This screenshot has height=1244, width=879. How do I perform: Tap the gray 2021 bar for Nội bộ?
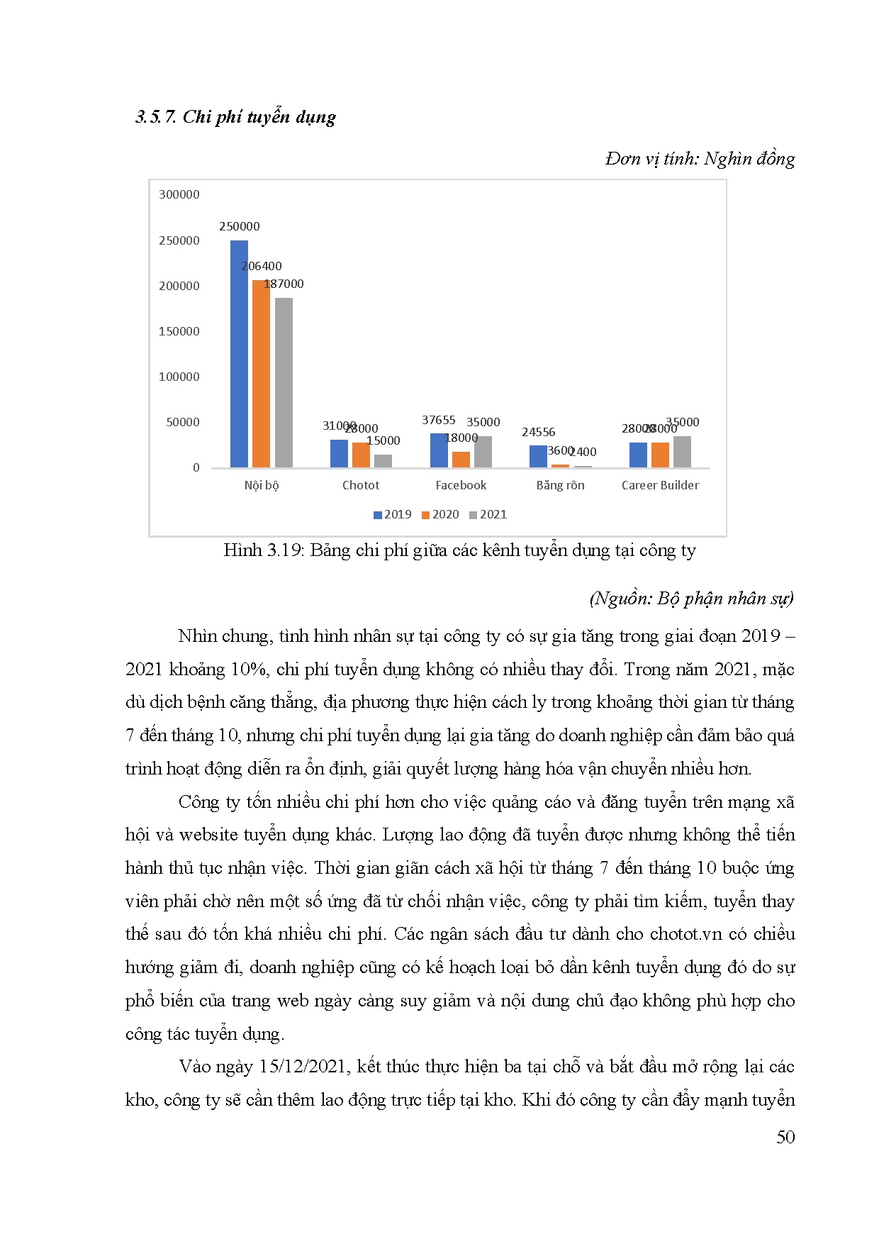[x=284, y=382]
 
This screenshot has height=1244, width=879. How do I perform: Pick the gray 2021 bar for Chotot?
[x=383, y=461]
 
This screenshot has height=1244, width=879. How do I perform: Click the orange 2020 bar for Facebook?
[x=461, y=460]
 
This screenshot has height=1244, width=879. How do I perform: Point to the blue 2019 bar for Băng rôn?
[x=538, y=456]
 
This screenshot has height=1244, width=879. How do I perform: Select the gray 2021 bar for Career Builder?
[x=682, y=452]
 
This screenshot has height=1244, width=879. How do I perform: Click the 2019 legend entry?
[x=393, y=514]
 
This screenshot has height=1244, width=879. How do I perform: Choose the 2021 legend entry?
[x=488, y=514]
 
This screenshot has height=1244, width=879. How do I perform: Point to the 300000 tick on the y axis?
[x=179, y=194]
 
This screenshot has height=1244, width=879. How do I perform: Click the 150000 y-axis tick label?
[x=179, y=331]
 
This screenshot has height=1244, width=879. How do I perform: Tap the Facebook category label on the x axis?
[x=461, y=485]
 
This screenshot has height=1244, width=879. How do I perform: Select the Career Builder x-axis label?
[x=660, y=485]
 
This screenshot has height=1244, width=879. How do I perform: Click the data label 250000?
[x=239, y=226]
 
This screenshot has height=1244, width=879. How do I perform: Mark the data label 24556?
[x=538, y=432]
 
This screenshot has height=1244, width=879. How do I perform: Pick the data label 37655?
[x=438, y=420]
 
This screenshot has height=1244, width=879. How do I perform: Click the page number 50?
[x=785, y=1137]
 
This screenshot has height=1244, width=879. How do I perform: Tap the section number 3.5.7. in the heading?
[x=156, y=117]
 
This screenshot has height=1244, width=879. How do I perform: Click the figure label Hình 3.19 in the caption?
[x=263, y=550]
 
